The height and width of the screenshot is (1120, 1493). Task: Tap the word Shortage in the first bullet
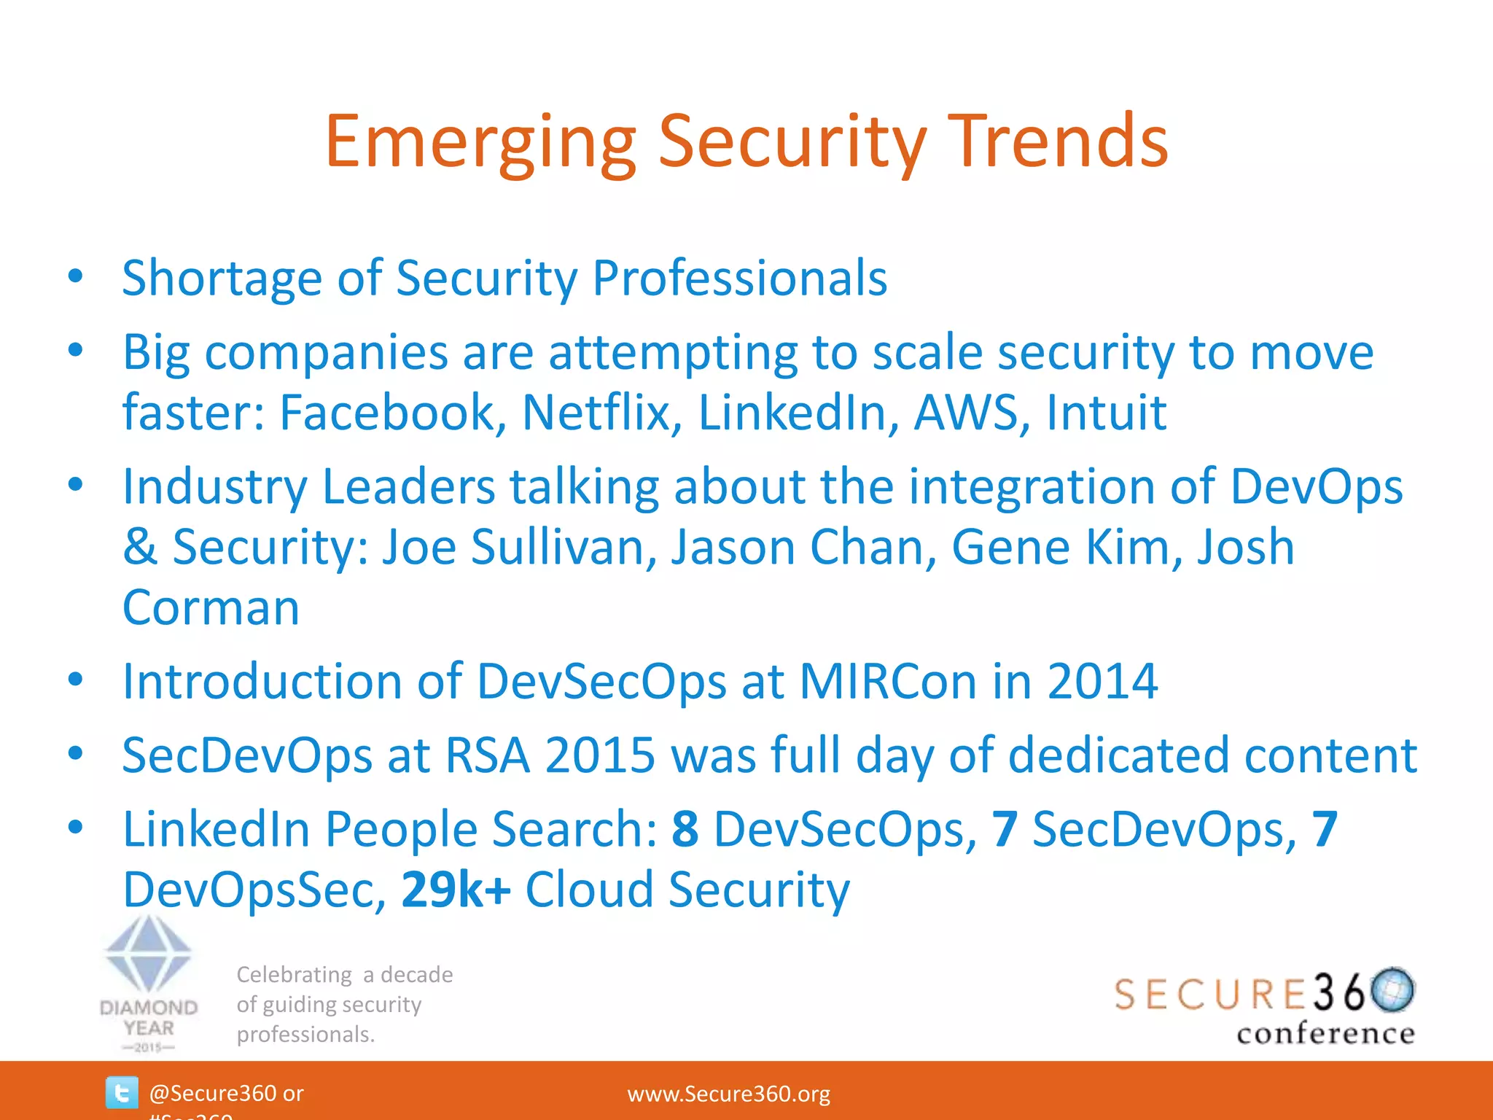point(222,279)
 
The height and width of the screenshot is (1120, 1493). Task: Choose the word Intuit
point(1106,413)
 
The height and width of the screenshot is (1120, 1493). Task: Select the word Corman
point(211,607)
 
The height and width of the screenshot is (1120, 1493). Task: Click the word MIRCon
point(888,682)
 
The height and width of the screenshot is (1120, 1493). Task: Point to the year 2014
point(1102,682)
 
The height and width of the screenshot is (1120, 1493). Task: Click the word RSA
point(487,755)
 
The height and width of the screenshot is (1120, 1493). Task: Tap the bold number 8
point(685,830)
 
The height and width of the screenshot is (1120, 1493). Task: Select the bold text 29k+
point(456,890)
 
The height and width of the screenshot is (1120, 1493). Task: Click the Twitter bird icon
point(121,1093)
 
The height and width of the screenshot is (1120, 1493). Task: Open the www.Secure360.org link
point(728,1094)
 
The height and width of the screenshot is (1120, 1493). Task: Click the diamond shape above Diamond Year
point(149,952)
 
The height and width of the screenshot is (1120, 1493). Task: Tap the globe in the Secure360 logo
point(1392,989)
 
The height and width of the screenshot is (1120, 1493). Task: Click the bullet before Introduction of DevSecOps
point(76,680)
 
